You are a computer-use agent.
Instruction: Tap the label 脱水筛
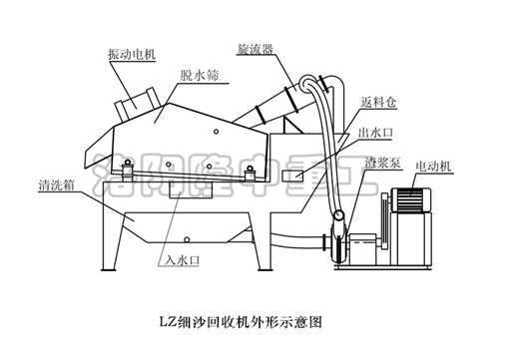(200, 75)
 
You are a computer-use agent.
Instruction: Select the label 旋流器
(257, 47)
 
